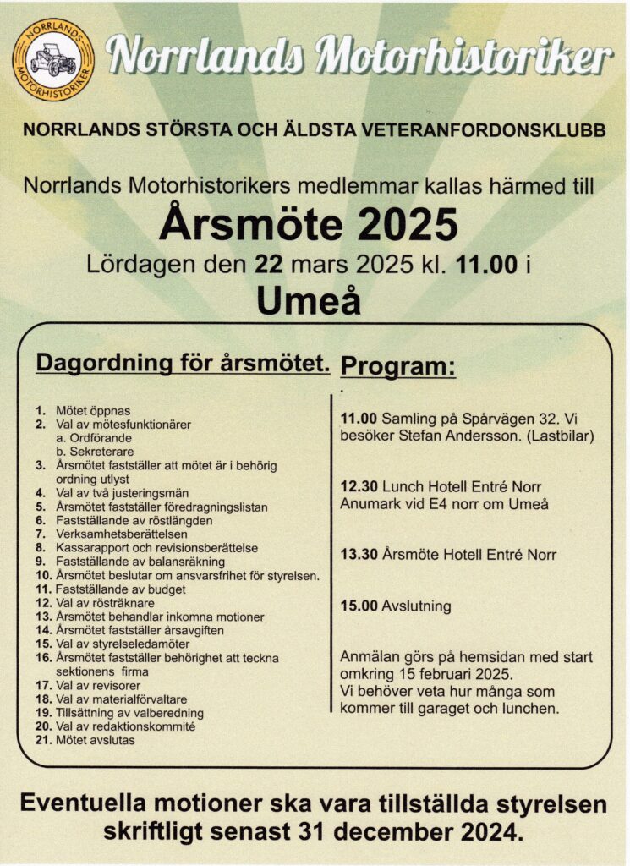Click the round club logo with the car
coord(53,59)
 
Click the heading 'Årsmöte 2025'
coord(308,225)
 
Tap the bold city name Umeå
coord(308,299)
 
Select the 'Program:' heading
coord(397,367)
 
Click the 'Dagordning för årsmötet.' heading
coord(182,364)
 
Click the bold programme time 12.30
coord(358,487)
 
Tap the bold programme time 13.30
coord(358,555)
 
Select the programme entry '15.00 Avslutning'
coord(395,606)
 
